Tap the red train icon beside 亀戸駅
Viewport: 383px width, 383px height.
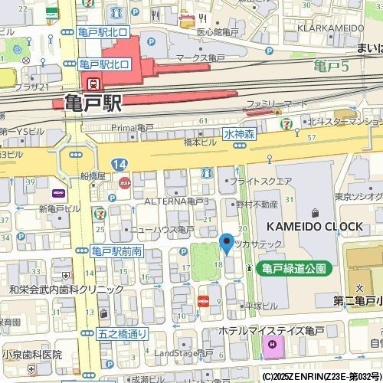pos(93,83)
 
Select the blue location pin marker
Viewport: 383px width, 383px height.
pos(226,244)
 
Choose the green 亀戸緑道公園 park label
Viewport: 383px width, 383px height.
pos(294,268)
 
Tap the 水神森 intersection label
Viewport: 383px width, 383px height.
pos(240,133)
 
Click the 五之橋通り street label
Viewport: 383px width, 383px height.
pos(123,334)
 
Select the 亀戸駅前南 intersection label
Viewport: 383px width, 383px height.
pos(117,251)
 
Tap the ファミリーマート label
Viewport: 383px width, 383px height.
pos(277,103)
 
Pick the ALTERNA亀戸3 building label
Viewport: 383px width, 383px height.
pos(177,201)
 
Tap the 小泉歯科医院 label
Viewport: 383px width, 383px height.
pos(31,355)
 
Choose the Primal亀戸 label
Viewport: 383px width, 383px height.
pos(133,127)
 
